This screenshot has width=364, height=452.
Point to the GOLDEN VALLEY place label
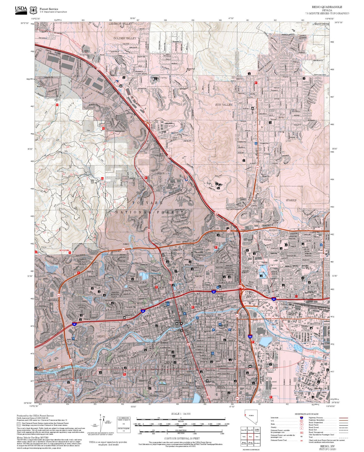125,38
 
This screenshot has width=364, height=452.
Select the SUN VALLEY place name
224,104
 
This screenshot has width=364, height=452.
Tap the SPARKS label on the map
291,200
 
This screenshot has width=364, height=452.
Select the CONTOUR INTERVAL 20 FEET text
180,438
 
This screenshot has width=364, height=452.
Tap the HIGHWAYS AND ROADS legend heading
307,414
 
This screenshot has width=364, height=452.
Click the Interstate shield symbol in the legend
301,418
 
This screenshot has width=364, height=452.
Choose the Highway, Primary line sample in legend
344,418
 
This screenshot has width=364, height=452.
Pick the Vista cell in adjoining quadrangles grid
257,437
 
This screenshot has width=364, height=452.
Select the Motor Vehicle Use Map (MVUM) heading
32,438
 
